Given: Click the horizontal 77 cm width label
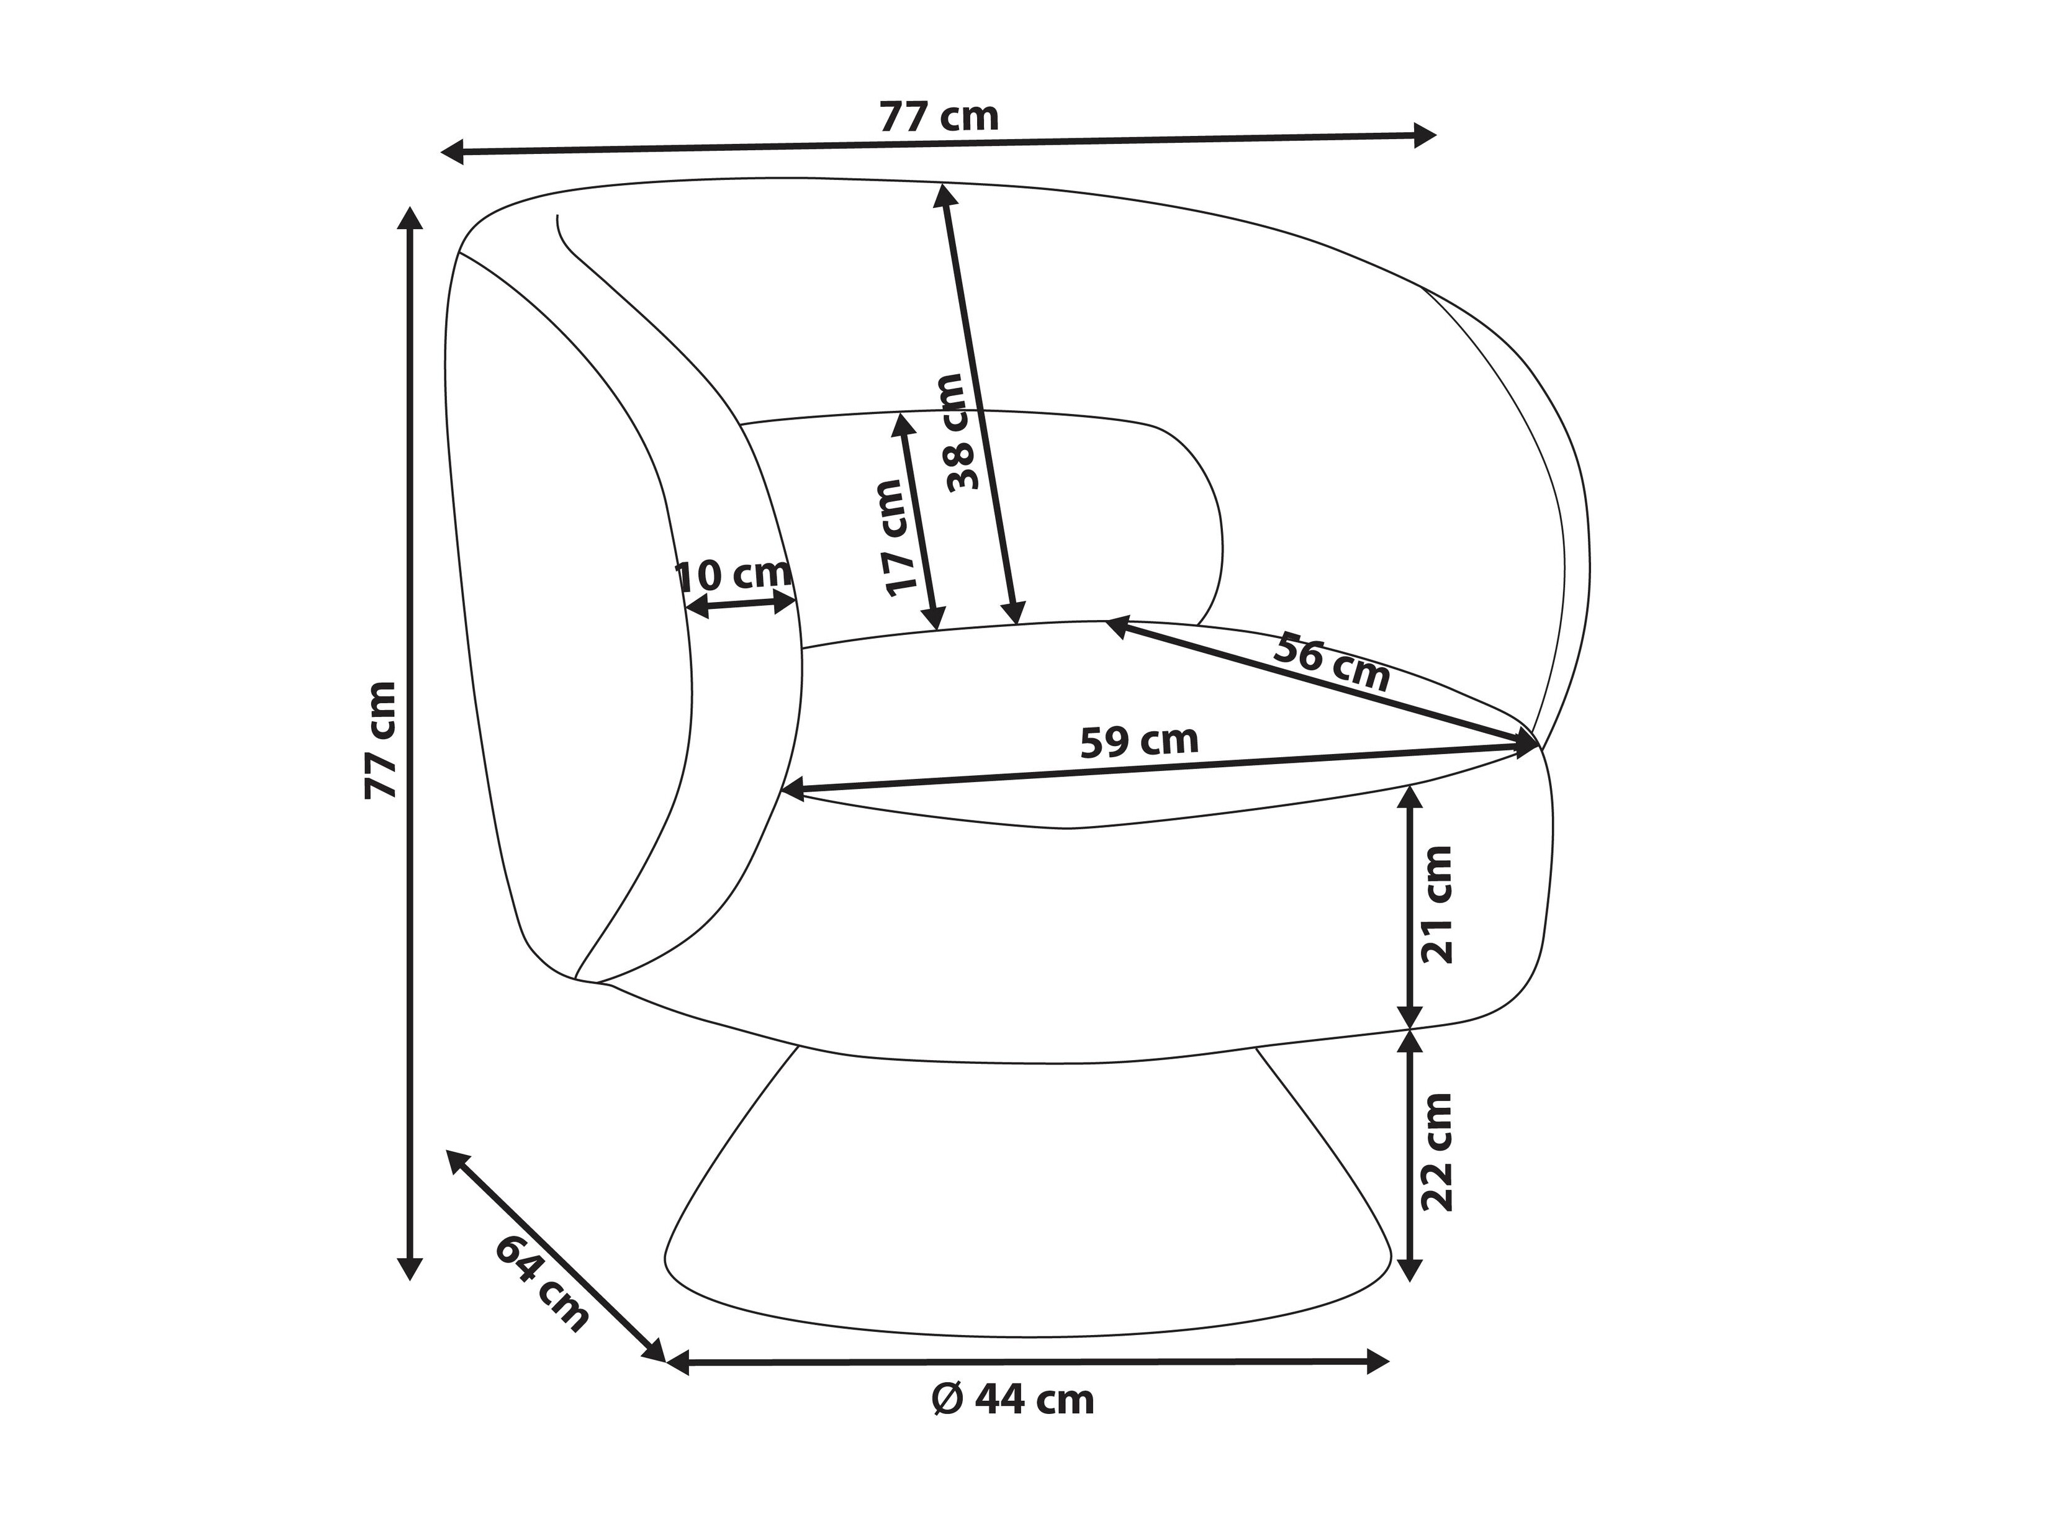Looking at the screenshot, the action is coord(939,118).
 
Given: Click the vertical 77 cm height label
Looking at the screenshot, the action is coord(380,740).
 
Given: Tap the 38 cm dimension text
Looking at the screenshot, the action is coord(962,432).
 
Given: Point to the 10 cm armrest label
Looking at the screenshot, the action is coord(733,576).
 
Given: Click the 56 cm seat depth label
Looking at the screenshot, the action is coord(1332,662).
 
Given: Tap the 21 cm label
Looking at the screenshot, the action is coord(1436,904).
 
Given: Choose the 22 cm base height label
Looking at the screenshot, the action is coord(1436,1153).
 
